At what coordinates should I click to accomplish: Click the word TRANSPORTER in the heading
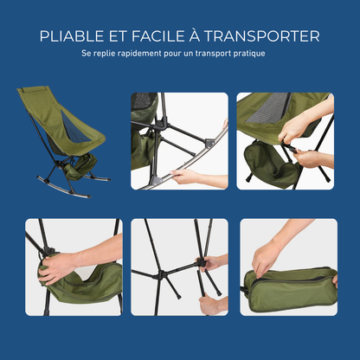click(x=267, y=36)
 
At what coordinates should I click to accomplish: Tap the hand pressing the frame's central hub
click(x=212, y=262)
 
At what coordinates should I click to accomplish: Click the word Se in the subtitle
click(x=85, y=54)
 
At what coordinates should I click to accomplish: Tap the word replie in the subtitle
click(x=102, y=54)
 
